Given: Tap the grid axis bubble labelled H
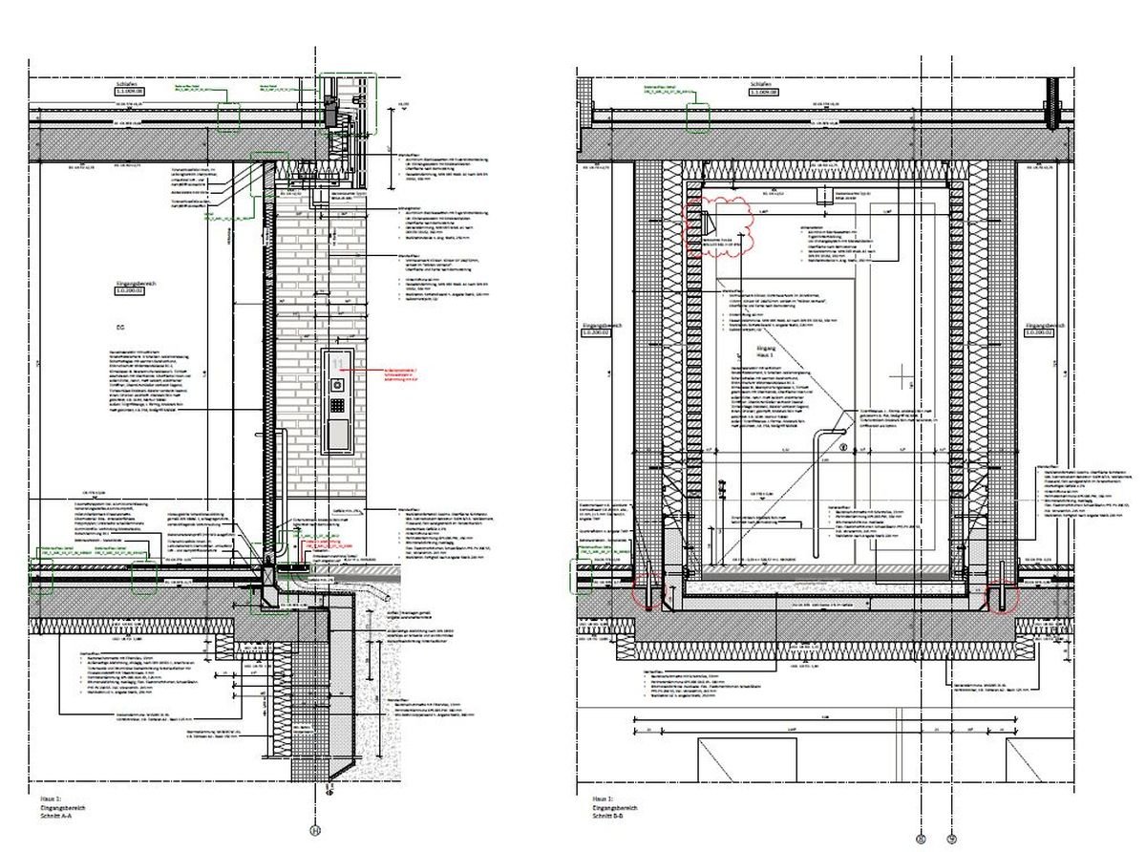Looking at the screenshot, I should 315,830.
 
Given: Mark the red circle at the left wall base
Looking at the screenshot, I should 647,593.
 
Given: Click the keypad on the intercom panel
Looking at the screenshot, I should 338,404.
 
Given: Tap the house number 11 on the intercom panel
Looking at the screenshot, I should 337,363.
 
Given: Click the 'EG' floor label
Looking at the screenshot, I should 120,326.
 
